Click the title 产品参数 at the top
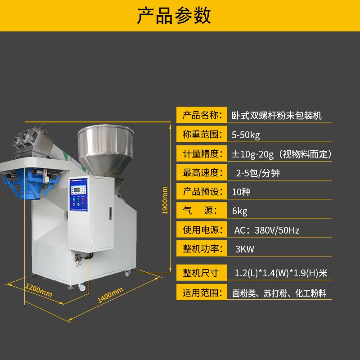pyautogui.click(x=174, y=16)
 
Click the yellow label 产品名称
pyautogui.click(x=202, y=116)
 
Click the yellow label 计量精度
pyautogui.click(x=202, y=154)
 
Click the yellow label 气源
pyautogui.click(x=202, y=211)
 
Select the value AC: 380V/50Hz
pyautogui.click(x=267, y=230)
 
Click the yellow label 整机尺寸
pyautogui.click(x=202, y=273)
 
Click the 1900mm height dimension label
pyautogui.click(x=165, y=200)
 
